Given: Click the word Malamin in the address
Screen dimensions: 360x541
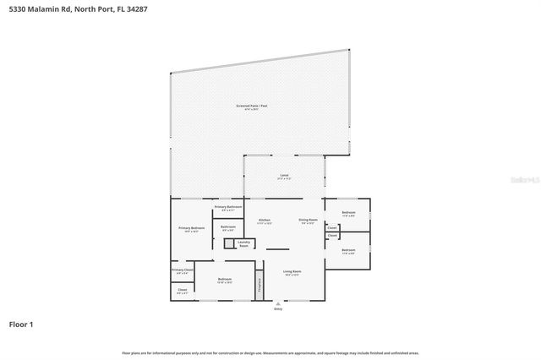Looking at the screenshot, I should [46, 9].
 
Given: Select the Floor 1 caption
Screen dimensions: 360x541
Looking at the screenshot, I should [21, 324].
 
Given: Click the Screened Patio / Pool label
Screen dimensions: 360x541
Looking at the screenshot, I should [251, 106].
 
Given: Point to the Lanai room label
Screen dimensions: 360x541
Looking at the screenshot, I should [284, 177].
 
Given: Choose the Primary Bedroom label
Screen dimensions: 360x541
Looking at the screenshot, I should [191, 229].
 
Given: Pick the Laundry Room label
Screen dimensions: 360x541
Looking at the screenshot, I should [243, 243].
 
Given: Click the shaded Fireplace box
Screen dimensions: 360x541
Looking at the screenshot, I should [260, 286].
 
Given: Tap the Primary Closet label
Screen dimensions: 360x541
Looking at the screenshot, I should [182, 270].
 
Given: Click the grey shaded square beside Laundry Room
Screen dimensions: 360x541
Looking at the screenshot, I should [228, 243].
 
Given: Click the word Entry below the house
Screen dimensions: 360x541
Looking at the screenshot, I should [278, 309].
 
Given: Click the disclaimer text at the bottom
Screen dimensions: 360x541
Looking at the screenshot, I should [270, 352].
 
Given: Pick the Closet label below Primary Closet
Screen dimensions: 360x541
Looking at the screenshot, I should [182, 291].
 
